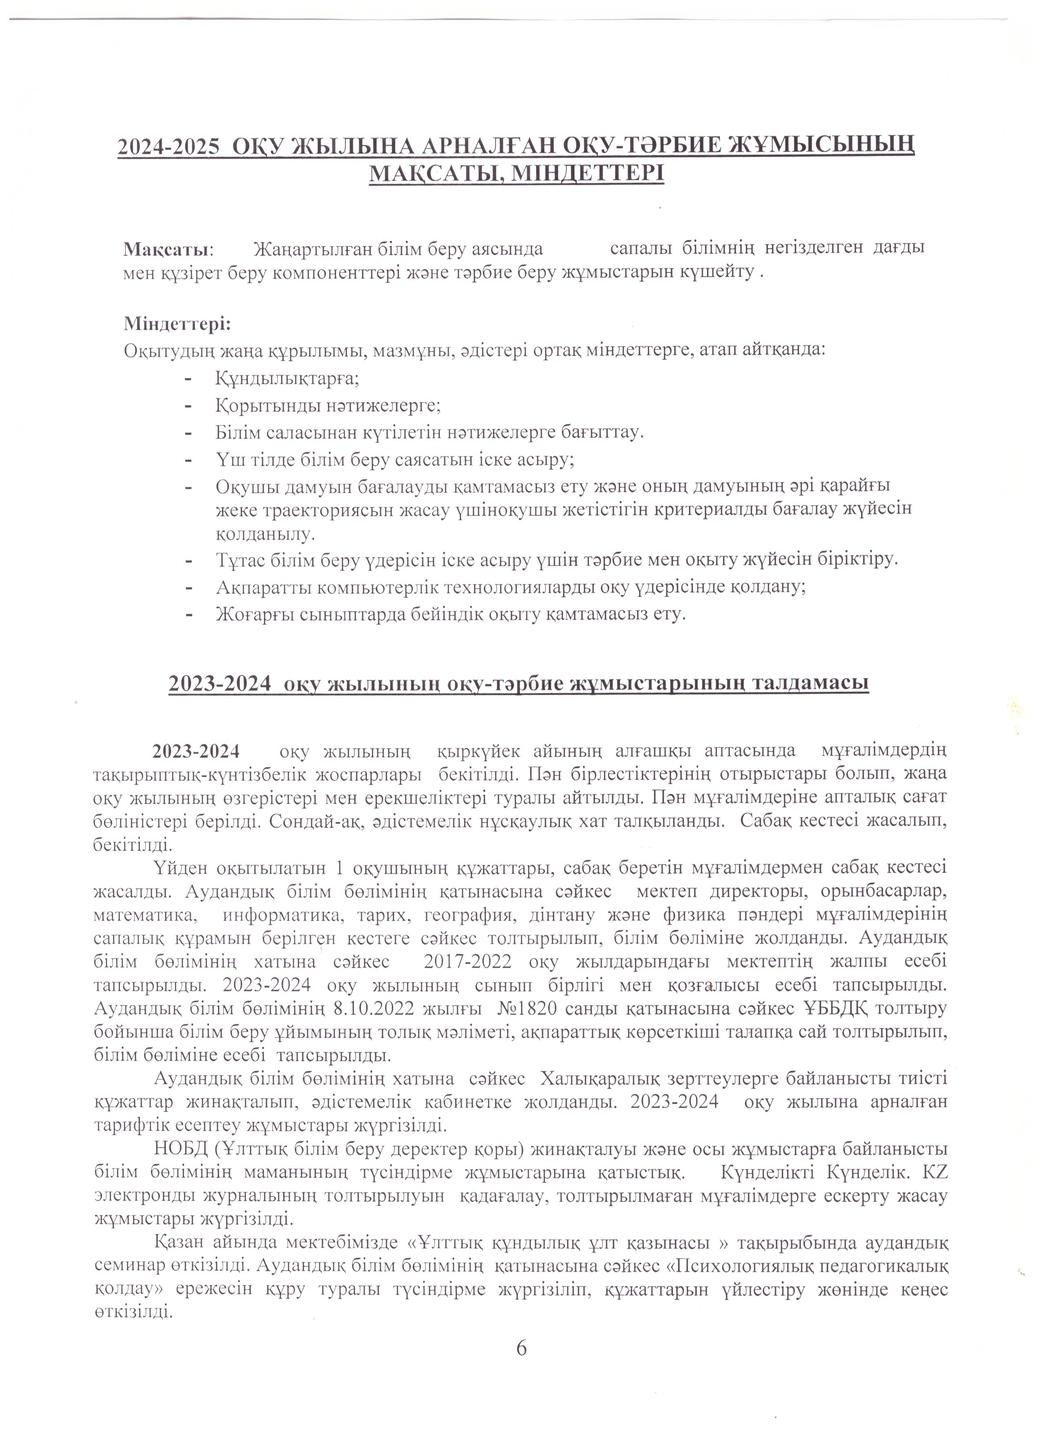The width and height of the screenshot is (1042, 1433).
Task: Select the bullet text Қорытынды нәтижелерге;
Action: (x=328, y=405)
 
